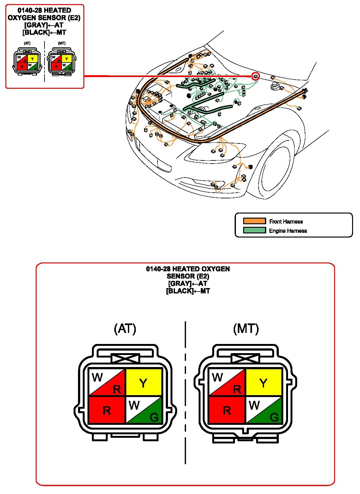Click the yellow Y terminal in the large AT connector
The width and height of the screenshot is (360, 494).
(x=144, y=383)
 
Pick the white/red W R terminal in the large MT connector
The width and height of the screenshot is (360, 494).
(x=227, y=383)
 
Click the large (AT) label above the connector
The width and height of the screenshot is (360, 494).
(x=125, y=329)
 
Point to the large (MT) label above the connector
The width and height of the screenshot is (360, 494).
(x=246, y=329)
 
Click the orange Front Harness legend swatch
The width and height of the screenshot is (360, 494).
(x=254, y=221)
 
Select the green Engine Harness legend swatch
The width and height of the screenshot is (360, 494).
(x=254, y=230)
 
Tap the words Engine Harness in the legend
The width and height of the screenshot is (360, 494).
(x=288, y=231)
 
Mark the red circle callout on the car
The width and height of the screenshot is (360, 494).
(x=255, y=76)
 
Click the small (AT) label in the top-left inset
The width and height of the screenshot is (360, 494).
(x=27, y=43)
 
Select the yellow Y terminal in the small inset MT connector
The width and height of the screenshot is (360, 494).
(x=67, y=59)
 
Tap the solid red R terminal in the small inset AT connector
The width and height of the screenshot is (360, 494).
(x=21, y=66)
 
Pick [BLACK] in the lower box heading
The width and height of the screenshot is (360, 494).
(x=179, y=291)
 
